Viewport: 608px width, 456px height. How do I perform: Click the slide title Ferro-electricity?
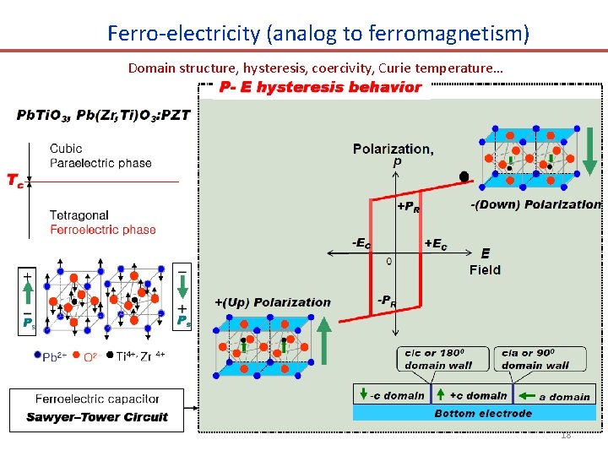coord(318,34)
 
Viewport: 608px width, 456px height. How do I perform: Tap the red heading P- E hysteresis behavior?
coord(320,87)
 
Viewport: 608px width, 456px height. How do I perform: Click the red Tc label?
coord(15,181)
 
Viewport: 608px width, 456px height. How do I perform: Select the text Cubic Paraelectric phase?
coord(100,156)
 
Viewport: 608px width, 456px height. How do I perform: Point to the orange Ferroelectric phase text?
coord(102,229)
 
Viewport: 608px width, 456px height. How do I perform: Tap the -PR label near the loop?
coord(387,300)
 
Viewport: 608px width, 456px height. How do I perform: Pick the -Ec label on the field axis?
coord(361,243)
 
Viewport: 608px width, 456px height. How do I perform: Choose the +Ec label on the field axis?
coord(436,243)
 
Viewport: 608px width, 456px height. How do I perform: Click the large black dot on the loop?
coord(464,176)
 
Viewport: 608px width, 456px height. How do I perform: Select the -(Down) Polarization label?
coord(535,204)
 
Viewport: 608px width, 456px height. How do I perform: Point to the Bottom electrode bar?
coord(483,413)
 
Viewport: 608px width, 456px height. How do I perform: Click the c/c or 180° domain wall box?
coord(436,359)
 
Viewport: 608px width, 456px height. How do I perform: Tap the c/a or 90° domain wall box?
coord(535,359)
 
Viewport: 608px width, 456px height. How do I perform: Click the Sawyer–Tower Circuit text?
coord(97,417)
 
